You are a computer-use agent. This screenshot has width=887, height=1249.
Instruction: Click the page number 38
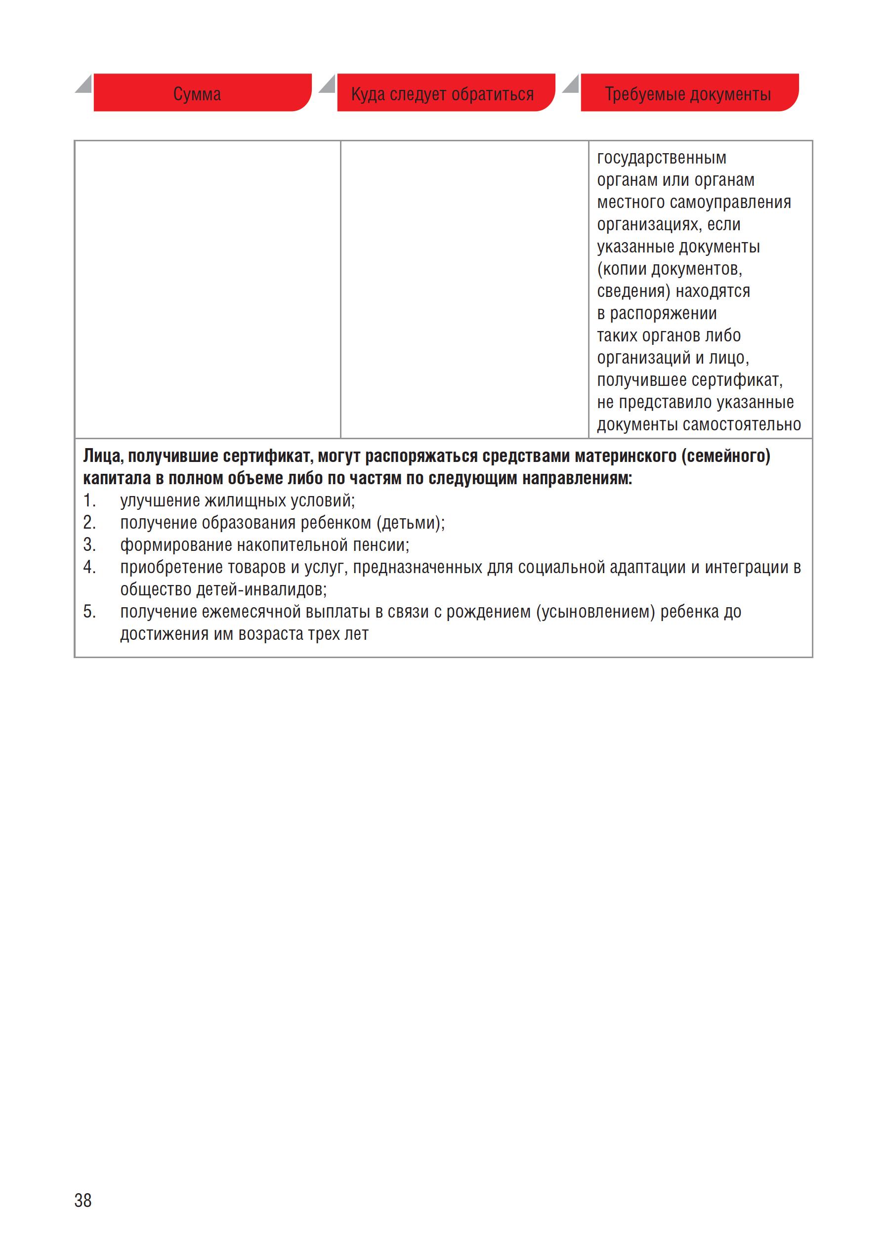tap(83, 1200)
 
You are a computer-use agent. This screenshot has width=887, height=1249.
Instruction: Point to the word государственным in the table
tap(662, 158)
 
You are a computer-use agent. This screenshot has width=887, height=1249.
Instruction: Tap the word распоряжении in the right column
tap(663, 313)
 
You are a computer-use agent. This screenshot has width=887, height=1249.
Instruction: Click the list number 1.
tap(89, 500)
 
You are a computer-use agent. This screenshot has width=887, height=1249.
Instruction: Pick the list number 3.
tap(89, 544)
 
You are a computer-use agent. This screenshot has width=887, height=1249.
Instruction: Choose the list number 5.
tap(89, 612)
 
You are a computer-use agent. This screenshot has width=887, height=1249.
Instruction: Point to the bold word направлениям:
tap(577, 478)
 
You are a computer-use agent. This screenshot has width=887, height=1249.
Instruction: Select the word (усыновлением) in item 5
tap(595, 612)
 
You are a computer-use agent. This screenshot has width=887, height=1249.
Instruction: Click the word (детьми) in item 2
tap(410, 523)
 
